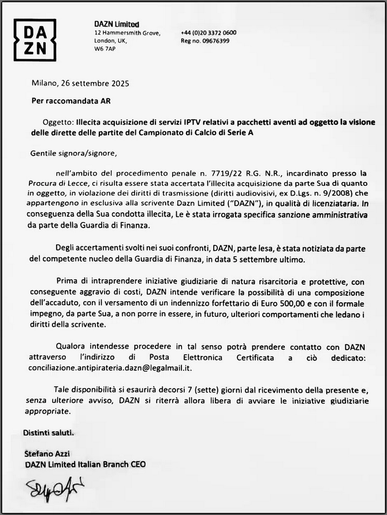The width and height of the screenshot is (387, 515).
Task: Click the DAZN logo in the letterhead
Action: [35, 40]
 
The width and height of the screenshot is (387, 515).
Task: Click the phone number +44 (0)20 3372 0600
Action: [209, 33]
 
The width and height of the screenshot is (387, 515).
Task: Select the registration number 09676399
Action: [213, 41]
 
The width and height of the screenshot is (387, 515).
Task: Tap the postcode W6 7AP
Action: [105, 50]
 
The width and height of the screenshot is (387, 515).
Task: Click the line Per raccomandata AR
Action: [70, 100]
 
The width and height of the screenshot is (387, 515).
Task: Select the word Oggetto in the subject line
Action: [57, 123]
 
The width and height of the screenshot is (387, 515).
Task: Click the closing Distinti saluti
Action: [49, 433]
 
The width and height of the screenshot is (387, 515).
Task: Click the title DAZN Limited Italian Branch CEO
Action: [85, 464]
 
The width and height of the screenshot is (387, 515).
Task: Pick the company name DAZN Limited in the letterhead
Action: [117, 24]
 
